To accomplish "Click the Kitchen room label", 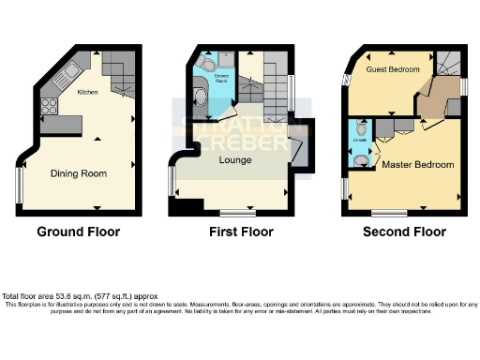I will click(87, 92).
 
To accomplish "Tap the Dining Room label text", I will click(79, 173).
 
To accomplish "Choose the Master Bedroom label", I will click(417, 164).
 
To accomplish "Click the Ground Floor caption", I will click(78, 232).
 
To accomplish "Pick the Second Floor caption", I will click(404, 232).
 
